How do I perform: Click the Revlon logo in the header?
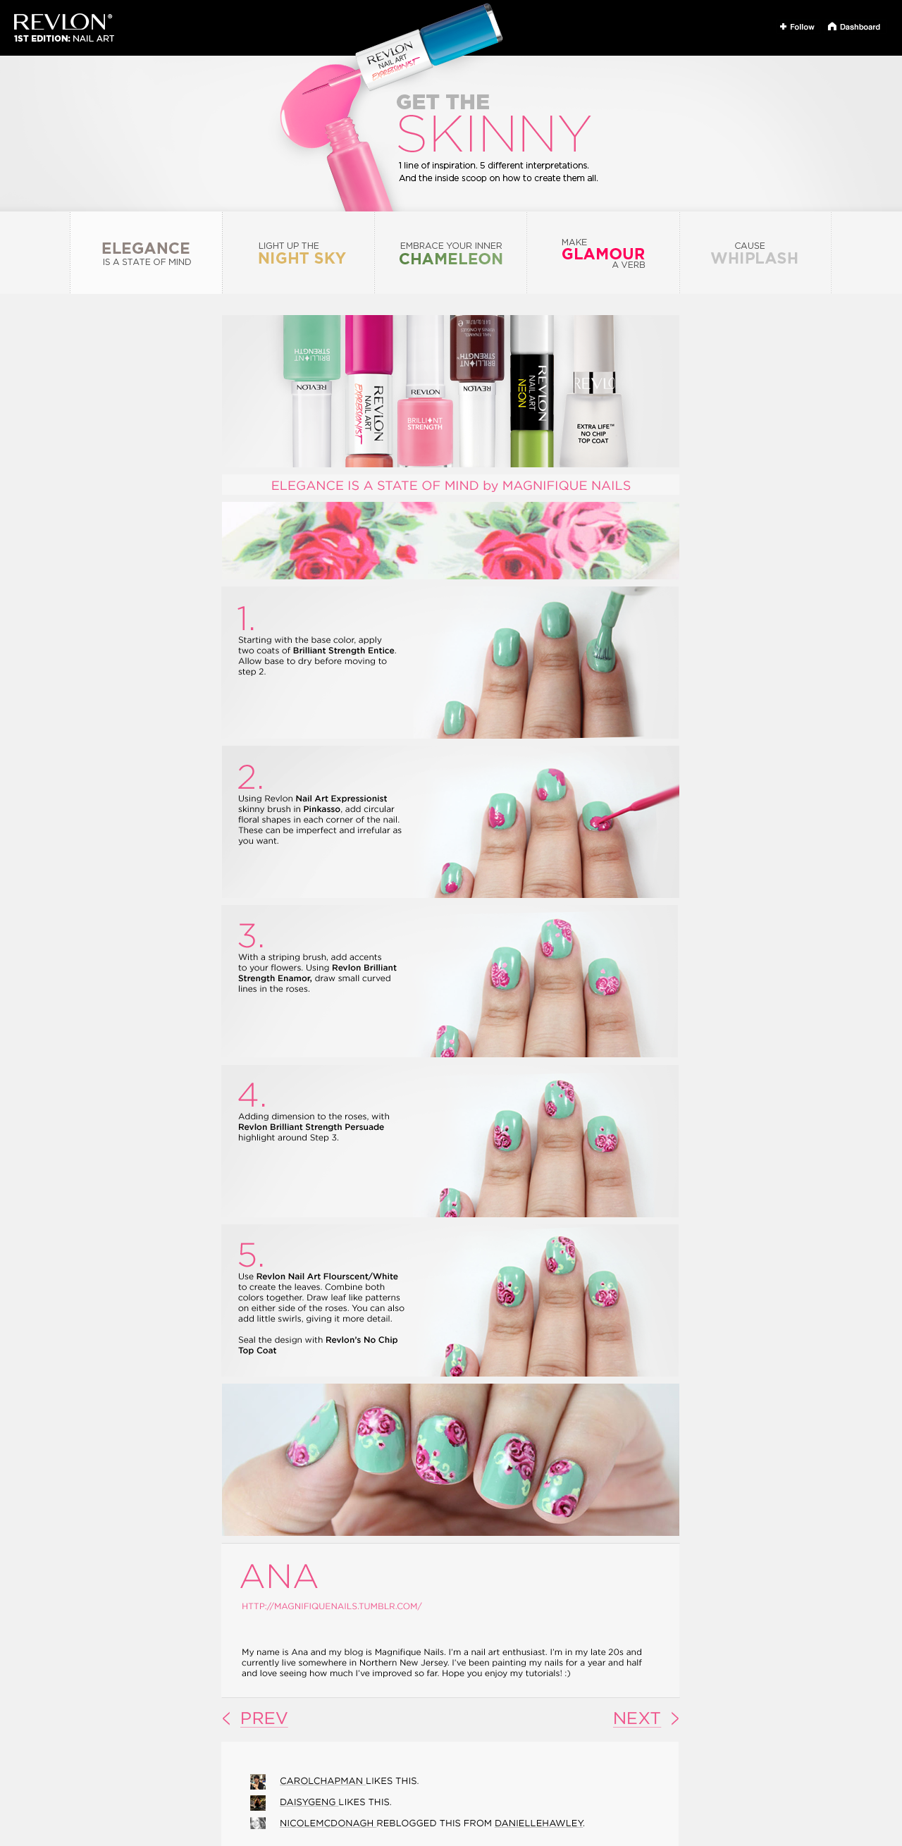[x=63, y=23]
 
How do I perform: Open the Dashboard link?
[x=854, y=27]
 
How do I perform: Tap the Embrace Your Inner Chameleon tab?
[x=450, y=254]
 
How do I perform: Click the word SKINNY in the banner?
[x=493, y=134]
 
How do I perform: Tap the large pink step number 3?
[x=250, y=935]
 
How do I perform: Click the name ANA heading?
[x=278, y=1577]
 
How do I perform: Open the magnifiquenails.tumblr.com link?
[x=331, y=1606]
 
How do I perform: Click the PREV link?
[x=263, y=1718]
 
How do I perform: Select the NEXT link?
[x=636, y=1718]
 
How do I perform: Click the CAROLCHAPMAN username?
[x=321, y=1780]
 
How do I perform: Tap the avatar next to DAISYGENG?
[x=258, y=1802]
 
